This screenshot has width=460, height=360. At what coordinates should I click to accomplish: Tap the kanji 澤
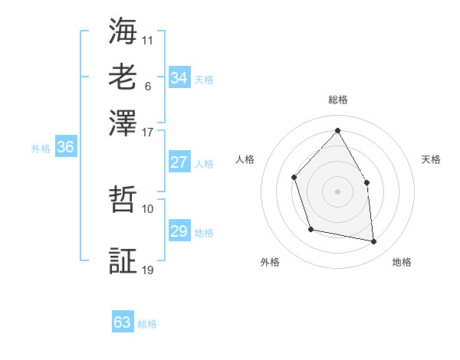[123, 123]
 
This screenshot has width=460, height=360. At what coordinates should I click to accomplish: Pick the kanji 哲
[123, 201]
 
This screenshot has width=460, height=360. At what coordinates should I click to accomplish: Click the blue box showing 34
[179, 78]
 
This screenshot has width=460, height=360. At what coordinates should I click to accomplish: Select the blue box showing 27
[179, 162]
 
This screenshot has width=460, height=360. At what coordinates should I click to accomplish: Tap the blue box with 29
[179, 231]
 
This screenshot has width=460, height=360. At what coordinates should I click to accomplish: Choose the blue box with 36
[65, 148]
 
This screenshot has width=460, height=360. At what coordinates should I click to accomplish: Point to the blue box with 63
[122, 322]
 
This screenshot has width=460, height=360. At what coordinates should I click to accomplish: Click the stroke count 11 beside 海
[148, 38]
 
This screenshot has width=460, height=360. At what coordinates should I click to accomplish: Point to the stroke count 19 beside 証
[148, 269]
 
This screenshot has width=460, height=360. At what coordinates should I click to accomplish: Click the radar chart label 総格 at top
[337, 100]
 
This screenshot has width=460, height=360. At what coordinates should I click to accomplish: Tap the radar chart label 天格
[431, 159]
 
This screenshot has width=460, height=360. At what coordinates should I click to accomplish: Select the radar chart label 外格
[270, 262]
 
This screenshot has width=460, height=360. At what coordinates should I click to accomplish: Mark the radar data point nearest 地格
[374, 242]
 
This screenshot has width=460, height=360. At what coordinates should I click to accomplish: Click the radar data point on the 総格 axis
[337, 130]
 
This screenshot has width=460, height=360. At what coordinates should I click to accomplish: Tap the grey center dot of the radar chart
[337, 191]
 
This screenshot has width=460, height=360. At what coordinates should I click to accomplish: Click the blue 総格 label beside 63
[147, 324]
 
